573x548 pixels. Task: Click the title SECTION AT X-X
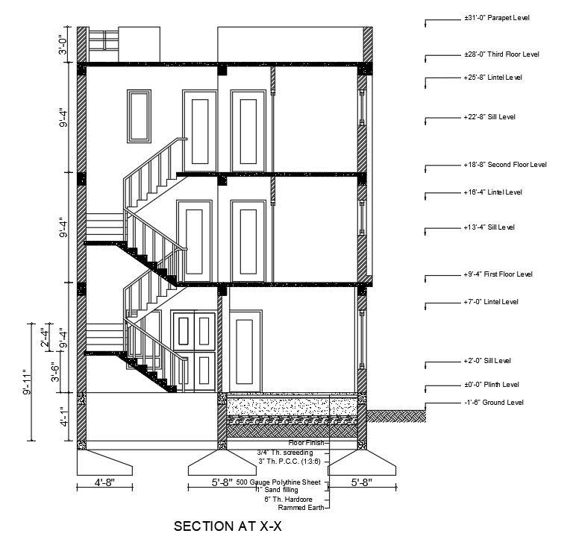pos(228,526)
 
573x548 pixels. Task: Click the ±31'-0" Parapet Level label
pos(497,18)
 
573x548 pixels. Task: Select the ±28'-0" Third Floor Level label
pos(501,54)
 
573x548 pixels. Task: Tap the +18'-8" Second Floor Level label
pos(505,164)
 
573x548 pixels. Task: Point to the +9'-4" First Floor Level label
pos(498,274)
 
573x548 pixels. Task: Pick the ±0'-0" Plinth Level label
pos(492,385)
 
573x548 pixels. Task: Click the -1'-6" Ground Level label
pos(494,403)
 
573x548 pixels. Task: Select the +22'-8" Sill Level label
pos(489,117)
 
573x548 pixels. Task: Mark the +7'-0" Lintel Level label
pos(491,301)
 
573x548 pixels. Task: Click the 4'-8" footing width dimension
pos(104,482)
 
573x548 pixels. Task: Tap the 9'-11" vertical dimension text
pos(27,382)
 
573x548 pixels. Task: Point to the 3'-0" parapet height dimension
pos(63,45)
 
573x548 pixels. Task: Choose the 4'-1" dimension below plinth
pos(64,417)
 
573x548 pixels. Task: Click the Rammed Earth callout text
pos(301,508)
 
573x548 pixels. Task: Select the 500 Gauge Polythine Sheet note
pos(278,482)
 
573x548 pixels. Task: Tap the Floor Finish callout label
pos(306,443)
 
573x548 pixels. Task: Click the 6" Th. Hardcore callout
pos(288,499)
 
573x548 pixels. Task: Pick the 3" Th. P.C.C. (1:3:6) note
pos(289,461)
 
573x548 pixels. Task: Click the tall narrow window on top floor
pos(140,116)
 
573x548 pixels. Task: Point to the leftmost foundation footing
pos(104,462)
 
